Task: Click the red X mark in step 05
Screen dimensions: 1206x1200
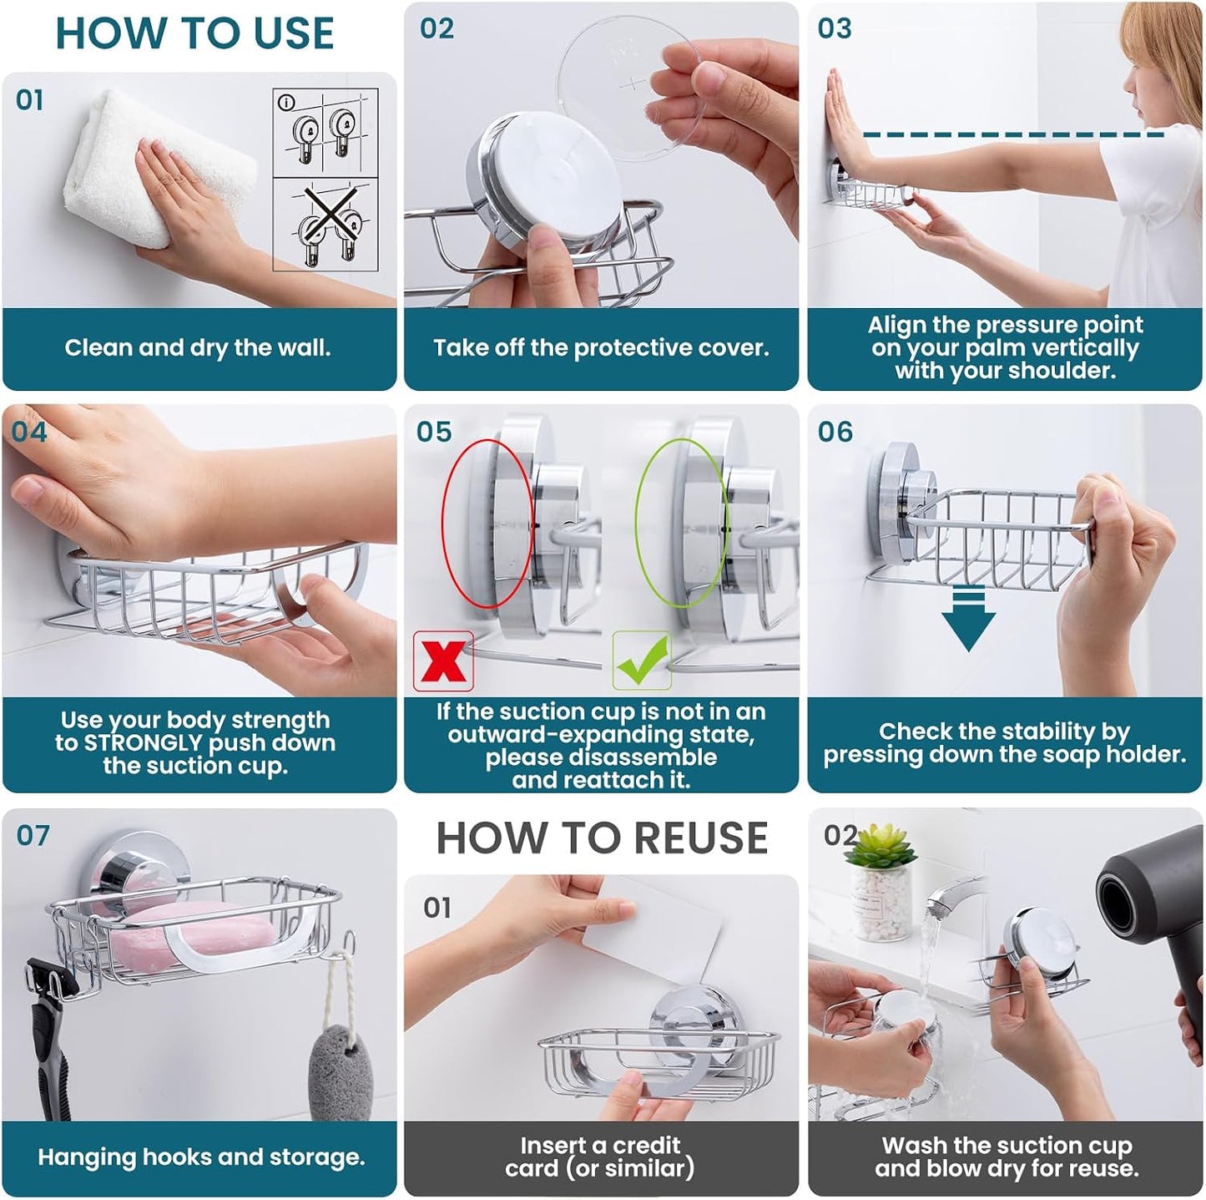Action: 443,661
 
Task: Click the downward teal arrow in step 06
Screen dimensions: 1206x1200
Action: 968,618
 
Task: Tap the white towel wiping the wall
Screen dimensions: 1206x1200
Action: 159,169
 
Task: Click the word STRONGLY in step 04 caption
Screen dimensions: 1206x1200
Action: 143,743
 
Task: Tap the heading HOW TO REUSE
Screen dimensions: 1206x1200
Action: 602,838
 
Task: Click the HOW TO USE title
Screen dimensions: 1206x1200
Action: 194,33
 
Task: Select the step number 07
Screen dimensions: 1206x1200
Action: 33,835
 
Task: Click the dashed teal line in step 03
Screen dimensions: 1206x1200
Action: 1013,134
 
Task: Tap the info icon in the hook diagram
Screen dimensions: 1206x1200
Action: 286,102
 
